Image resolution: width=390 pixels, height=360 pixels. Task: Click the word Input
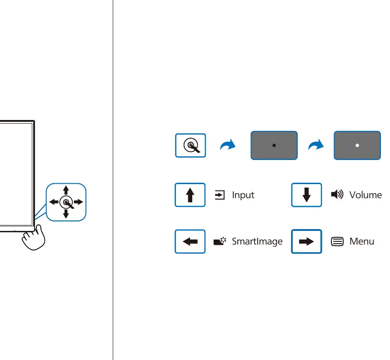pos(243,195)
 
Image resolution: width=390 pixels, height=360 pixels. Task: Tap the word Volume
pos(365,195)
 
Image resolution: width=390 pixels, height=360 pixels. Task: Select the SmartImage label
pos(257,241)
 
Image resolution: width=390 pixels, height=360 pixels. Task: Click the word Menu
pos(362,241)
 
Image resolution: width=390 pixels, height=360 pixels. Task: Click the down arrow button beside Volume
pos(306,195)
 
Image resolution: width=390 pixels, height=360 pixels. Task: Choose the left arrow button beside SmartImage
pos(190,241)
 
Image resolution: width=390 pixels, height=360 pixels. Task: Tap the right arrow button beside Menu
pos(306,241)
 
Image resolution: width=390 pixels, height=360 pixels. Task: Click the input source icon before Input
pos(220,195)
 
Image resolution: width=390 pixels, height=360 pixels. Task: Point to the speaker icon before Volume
pos(337,194)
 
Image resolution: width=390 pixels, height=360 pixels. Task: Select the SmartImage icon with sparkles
pos(220,241)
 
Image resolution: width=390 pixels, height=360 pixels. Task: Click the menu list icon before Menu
pos(337,241)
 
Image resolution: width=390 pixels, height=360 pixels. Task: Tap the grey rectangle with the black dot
pos(274,145)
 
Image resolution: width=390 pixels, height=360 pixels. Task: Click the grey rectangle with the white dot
pos(357,145)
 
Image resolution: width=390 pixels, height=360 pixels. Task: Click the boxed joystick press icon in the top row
pos(190,145)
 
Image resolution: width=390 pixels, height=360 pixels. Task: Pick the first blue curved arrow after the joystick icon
pos(228,145)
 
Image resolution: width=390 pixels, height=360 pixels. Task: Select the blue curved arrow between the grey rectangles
pos(316,145)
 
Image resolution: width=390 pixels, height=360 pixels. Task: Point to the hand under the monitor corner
pos(34,238)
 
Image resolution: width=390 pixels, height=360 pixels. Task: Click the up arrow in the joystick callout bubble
pos(66,190)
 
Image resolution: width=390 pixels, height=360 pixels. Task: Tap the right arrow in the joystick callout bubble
pos(78,202)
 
